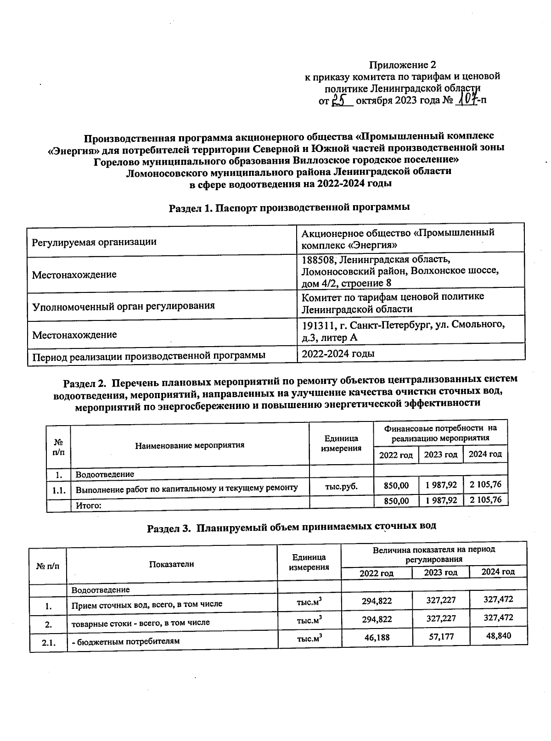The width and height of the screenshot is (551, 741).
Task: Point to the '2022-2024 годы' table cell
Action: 338,354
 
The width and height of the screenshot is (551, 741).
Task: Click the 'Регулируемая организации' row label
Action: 94,241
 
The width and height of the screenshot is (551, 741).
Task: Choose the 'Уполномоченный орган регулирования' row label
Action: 123,305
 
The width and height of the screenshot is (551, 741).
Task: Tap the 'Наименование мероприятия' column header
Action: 190,445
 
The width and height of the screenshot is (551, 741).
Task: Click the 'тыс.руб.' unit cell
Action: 341,486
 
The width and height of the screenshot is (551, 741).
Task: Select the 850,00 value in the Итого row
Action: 396,500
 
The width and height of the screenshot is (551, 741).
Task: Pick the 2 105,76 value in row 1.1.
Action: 485,484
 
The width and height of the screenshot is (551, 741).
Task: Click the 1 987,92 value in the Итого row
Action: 441,500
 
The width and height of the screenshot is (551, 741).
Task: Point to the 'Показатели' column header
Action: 171,564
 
